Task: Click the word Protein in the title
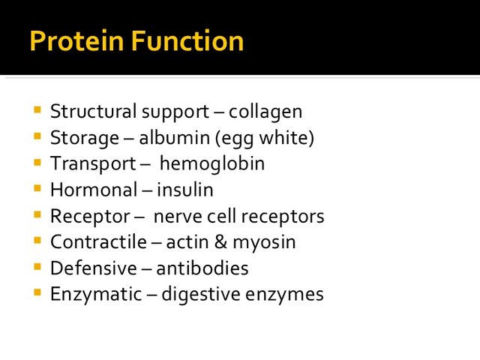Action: tap(76, 40)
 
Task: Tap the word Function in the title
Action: tap(187, 40)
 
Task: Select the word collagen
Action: tap(265, 112)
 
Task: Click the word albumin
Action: tap(175, 138)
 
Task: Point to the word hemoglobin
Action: tap(212, 163)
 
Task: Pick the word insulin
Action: tap(185, 190)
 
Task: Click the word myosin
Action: tap(264, 243)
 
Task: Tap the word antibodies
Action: tap(202, 268)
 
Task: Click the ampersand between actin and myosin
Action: tap(220, 241)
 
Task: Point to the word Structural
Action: tap(93, 111)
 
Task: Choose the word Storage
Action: tap(85, 138)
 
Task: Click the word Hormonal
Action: tap(94, 190)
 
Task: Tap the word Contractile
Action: tap(98, 241)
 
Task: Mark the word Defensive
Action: tap(94, 268)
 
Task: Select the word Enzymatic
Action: tap(96, 295)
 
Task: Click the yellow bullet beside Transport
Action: tap(37, 162)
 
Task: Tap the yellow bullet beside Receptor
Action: tap(37, 214)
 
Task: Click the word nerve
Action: tap(178, 217)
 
